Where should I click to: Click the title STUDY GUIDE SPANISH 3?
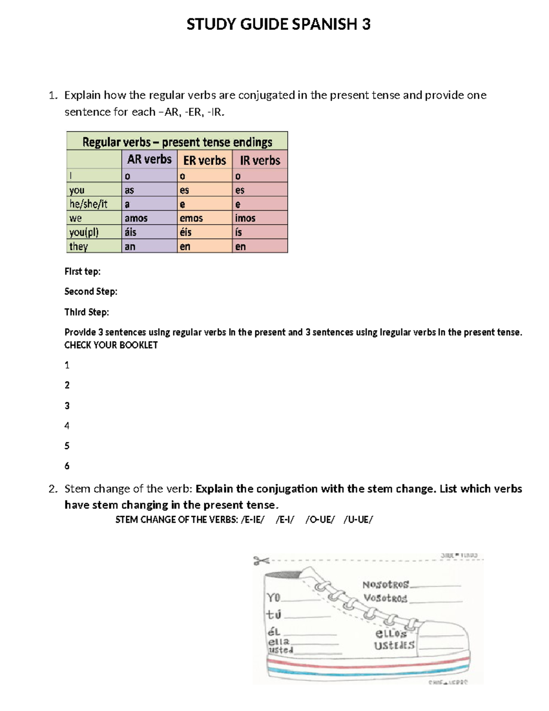[278, 24]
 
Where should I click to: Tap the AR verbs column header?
[149, 159]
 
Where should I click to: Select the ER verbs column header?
[205, 160]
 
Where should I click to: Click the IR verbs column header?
[260, 160]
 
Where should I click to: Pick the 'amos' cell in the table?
[136, 218]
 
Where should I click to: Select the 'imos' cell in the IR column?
[245, 218]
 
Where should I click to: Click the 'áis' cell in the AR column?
[130, 233]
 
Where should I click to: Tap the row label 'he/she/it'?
[88, 204]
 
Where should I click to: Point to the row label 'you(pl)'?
[84, 233]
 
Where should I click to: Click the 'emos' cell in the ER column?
[191, 218]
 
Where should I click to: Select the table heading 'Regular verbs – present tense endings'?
[177, 142]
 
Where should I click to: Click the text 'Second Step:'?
[91, 292]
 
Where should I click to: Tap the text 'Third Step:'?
[86, 312]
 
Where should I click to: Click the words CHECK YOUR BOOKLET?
[111, 345]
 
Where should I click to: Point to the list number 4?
[67, 426]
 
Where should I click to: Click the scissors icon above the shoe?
[261, 560]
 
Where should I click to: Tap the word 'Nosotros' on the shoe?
[385, 585]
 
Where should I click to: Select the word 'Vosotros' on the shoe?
[385, 598]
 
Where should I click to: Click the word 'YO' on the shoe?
[274, 597]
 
